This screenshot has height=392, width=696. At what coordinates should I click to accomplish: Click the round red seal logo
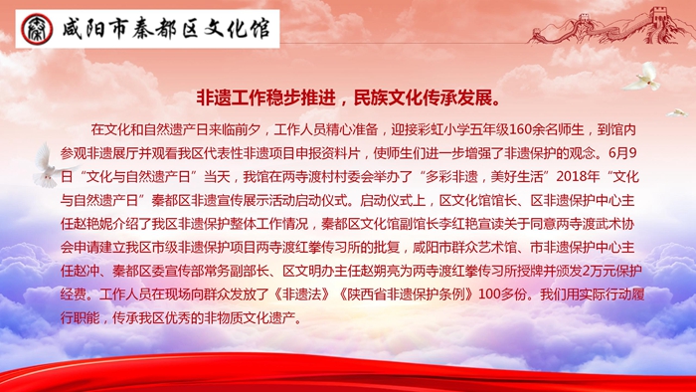37,29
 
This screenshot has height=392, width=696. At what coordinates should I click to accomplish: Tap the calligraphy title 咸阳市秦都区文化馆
166,29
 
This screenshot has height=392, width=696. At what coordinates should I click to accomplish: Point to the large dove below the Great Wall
642,77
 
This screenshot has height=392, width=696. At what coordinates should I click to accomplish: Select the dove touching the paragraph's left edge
49,165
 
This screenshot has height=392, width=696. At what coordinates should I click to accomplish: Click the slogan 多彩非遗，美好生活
484,177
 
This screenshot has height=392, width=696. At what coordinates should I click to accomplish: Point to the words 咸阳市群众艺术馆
464,248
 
